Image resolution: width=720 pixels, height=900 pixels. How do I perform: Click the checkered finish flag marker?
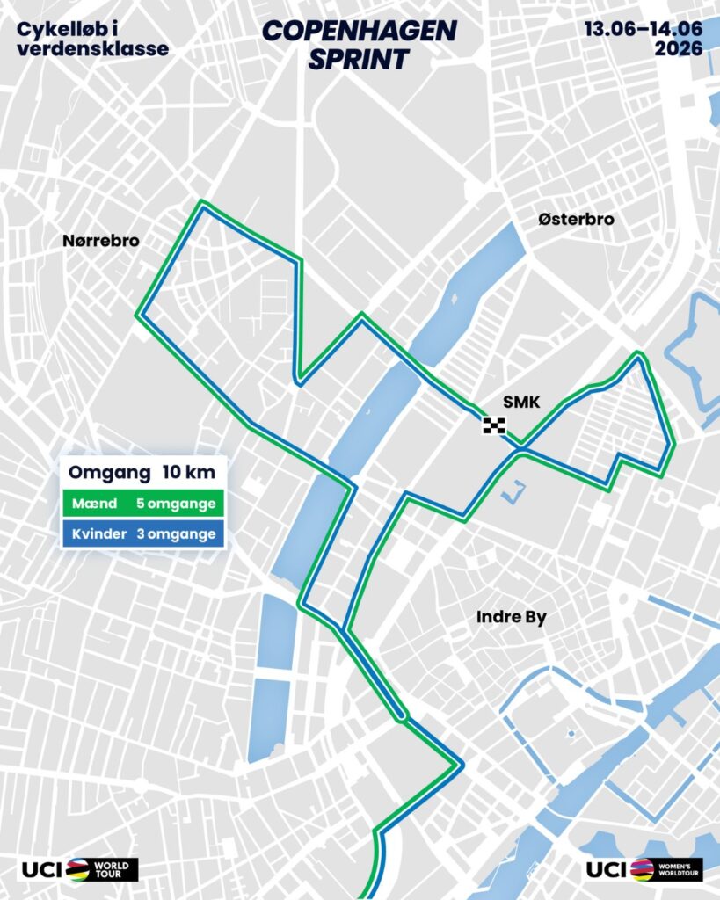494,426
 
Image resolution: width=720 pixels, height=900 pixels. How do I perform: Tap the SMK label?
519,403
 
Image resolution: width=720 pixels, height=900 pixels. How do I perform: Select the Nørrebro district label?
100,241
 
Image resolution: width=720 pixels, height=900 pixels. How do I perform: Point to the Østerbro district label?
576,220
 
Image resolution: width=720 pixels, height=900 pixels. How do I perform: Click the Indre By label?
511,617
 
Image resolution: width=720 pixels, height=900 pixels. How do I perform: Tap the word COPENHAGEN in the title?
360,31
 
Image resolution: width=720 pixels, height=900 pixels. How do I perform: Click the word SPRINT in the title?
360,59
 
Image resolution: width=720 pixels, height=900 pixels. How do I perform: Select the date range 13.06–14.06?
644,28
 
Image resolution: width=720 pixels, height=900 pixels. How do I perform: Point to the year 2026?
678,49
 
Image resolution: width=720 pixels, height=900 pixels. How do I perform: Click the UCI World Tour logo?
78,869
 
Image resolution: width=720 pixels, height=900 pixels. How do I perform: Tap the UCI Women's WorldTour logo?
644,869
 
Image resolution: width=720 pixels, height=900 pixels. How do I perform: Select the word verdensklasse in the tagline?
92,49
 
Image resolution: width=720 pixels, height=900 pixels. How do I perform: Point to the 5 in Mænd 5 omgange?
142,506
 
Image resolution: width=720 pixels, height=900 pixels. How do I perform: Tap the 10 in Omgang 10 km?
171,473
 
